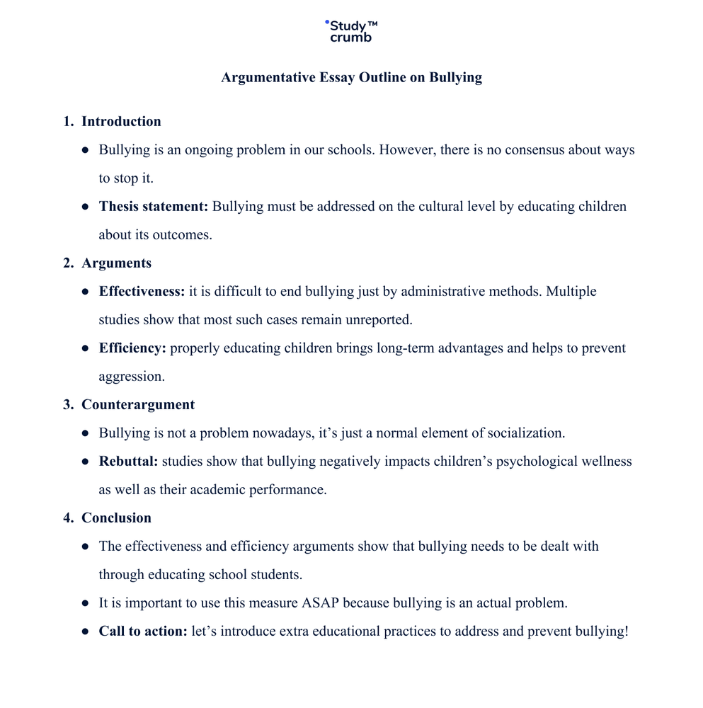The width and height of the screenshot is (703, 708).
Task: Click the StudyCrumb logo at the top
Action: click(x=351, y=31)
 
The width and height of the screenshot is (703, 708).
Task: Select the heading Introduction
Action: click(x=121, y=122)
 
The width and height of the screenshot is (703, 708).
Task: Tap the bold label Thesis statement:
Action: click(x=154, y=207)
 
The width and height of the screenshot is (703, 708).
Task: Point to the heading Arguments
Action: click(x=116, y=263)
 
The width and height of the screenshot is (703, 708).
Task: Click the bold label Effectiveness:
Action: click(x=142, y=292)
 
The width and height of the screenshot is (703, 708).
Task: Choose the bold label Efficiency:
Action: click(x=132, y=348)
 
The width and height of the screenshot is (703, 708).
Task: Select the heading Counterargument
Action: click(x=138, y=405)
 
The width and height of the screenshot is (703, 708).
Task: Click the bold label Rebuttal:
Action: click(x=128, y=462)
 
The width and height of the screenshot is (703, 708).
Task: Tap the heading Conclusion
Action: click(x=116, y=518)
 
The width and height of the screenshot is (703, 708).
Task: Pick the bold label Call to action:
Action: click(x=143, y=632)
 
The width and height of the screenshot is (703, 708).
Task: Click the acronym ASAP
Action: click(x=321, y=603)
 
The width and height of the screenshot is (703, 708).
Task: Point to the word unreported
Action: click(x=379, y=320)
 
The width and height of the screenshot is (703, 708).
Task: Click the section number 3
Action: click(x=68, y=405)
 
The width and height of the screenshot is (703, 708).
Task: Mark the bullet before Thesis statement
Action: click(x=85, y=207)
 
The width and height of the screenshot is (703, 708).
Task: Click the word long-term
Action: click(x=406, y=348)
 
